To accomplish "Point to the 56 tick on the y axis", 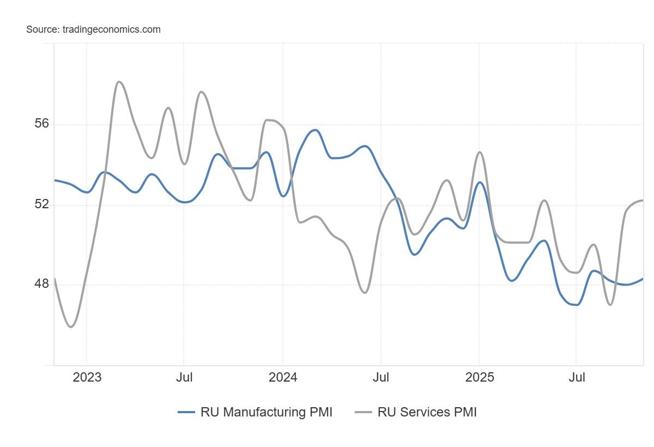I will [41, 124].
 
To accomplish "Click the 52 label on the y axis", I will [41, 204].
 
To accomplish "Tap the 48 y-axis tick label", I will [41, 285].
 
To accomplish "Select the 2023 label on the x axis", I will [87, 377].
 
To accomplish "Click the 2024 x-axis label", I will [283, 377].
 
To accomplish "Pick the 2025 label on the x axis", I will [479, 377].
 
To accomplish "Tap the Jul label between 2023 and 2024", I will [184, 377].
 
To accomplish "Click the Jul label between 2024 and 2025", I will [380, 377].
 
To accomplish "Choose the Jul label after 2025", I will [577, 377].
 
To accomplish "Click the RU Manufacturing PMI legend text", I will [266, 412].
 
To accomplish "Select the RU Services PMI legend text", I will [427, 412].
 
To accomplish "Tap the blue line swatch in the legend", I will [186, 413].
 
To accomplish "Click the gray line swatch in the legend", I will [364, 413].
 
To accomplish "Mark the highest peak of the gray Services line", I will [119, 82].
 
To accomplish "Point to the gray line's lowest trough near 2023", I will [71, 327].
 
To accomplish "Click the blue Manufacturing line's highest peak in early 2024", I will [314, 130].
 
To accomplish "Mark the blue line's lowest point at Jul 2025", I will [576, 305].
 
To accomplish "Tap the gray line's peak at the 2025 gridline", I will [479, 152].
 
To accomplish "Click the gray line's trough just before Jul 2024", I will [365, 293].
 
